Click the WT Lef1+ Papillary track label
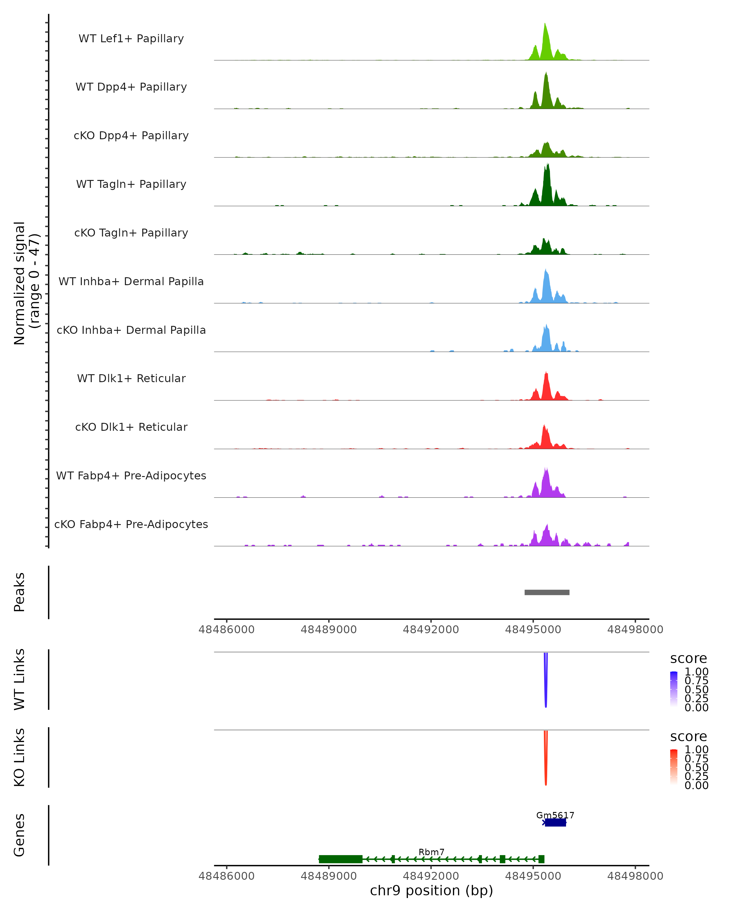[131, 39]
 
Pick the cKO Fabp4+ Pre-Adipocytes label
[131, 524]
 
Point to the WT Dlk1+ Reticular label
[131, 378]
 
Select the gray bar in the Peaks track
[547, 592]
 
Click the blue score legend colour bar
[674, 689]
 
